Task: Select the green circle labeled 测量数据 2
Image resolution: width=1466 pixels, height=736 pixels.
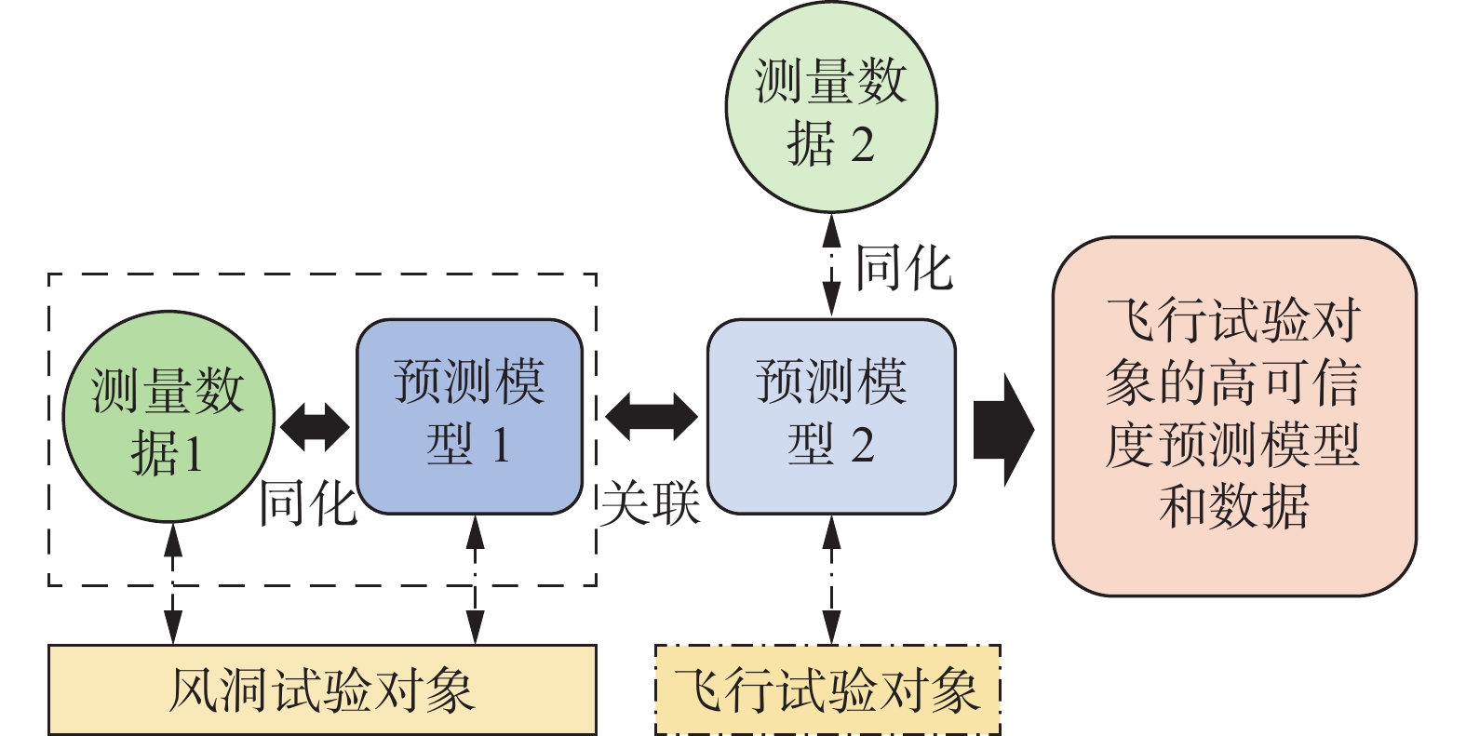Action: coord(830,107)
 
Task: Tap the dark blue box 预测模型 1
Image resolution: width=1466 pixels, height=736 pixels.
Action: coord(470,416)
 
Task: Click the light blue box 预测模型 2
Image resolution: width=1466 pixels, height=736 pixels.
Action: coord(831,416)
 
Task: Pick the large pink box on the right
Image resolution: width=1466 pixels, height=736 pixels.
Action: coord(1233,416)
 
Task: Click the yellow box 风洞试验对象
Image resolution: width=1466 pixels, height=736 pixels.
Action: coord(322,689)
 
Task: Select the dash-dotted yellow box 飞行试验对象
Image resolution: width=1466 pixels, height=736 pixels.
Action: coord(827,689)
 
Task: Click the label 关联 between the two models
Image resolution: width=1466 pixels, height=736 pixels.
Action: coord(650,503)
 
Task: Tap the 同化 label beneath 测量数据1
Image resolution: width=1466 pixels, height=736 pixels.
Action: coord(307,503)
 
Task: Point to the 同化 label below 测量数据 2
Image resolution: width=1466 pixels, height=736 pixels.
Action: coord(903,269)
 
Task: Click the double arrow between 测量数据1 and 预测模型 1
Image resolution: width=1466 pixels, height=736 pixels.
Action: coord(316,427)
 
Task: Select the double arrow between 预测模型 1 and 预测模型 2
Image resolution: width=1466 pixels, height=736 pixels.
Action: coord(651,416)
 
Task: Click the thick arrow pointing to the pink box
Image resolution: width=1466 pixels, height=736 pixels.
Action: coord(1003,430)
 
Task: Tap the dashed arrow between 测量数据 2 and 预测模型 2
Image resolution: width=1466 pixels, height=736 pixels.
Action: coord(831,264)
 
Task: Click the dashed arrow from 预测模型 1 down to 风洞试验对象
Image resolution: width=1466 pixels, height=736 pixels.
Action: coord(476,579)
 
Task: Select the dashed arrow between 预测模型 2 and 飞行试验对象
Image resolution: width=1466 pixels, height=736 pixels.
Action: coord(831,579)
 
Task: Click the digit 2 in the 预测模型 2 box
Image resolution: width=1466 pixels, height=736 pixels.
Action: coord(862,446)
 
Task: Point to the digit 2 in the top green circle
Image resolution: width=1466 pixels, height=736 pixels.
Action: coord(862,145)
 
